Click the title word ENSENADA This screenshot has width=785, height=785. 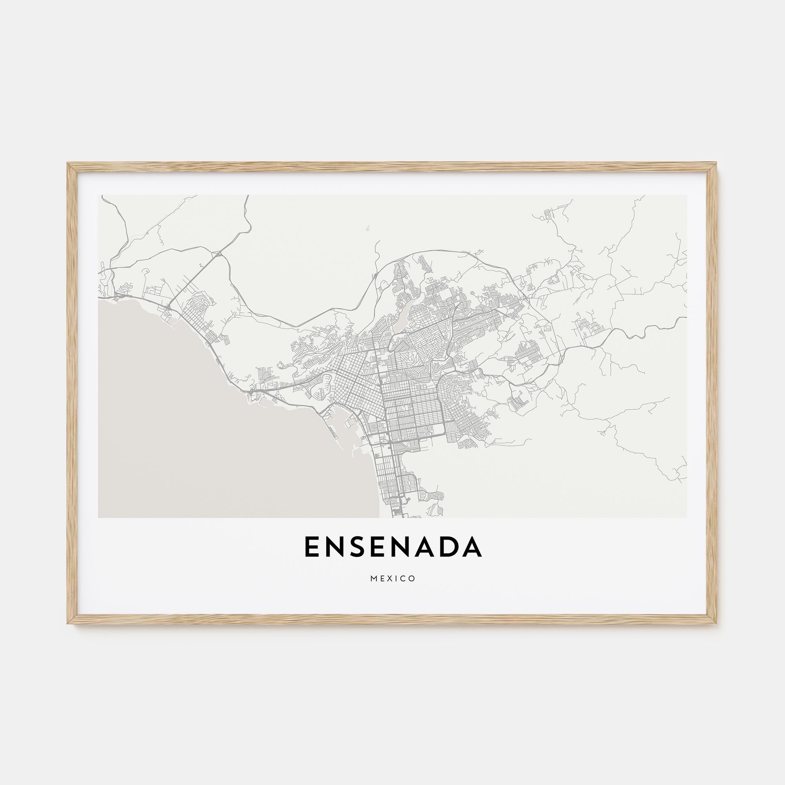tap(392, 547)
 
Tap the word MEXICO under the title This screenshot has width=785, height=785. tap(392, 579)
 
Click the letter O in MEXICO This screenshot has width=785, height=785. tap(413, 579)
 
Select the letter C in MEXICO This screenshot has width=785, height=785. tap(404, 579)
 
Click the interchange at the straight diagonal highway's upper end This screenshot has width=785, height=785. tap(219, 254)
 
